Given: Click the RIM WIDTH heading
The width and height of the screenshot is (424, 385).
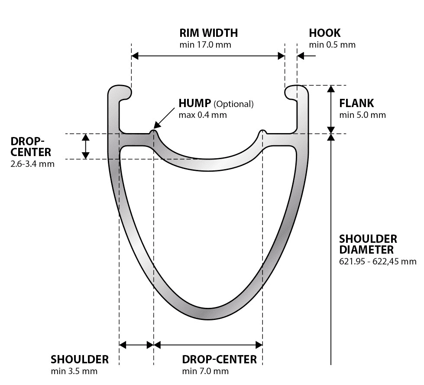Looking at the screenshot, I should tap(208, 33).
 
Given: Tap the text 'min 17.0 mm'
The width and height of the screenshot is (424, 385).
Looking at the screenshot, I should tap(205, 45).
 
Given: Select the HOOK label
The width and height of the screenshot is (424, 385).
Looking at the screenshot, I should tap(324, 33).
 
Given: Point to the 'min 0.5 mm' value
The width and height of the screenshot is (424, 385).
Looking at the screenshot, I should tap(332, 45).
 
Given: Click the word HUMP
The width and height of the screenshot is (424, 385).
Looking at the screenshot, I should tap(194, 104).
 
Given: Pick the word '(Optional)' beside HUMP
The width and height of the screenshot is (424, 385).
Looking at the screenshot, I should tap(233, 104).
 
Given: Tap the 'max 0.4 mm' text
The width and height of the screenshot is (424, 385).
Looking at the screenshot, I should tap(202, 115).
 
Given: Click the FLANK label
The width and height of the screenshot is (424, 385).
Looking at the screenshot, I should tap(356, 104).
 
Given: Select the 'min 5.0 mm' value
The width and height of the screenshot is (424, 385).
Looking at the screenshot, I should tap(362, 115).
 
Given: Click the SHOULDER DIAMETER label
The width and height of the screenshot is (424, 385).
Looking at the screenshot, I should tap(368, 245).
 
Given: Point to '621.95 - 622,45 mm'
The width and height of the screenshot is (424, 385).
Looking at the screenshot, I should tap(377, 261).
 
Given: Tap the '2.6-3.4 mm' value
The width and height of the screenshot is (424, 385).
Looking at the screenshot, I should tap(32, 164).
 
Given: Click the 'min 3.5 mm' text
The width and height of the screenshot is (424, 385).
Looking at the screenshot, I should tap(74, 371).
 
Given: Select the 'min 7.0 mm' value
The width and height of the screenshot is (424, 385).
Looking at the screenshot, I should tap(205, 371).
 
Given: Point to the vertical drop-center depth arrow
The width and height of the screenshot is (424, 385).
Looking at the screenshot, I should tap(86, 146).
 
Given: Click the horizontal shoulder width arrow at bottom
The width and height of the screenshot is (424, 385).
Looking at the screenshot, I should tap(136, 345).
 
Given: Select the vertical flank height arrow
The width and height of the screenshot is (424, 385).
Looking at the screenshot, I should tap(331, 109).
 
